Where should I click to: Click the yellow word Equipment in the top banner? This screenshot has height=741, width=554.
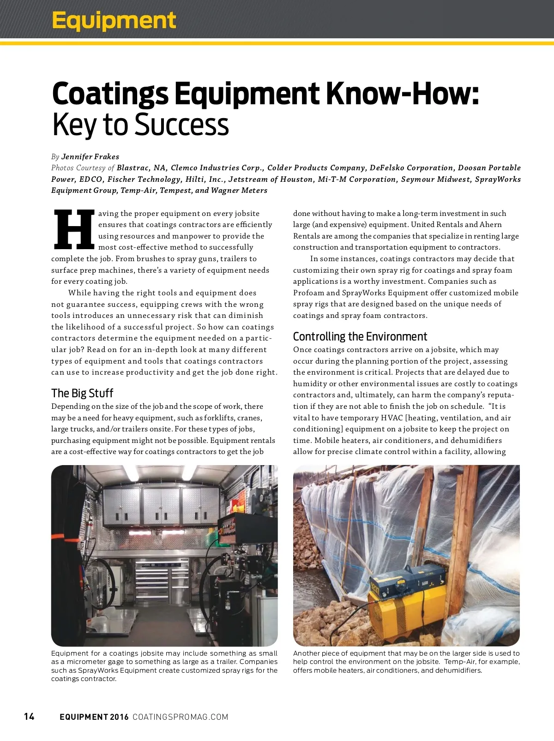pos(114,20)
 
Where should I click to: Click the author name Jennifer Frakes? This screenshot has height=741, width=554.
pos(90,156)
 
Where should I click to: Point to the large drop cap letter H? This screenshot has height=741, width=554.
pos(74,230)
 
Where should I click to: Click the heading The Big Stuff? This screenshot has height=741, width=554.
pos(82,393)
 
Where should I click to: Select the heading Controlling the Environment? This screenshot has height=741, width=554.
pos(360,336)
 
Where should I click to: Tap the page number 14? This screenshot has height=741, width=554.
pos(29,716)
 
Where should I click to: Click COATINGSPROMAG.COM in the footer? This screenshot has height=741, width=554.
pos(181,717)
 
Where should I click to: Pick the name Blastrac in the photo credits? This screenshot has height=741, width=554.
pos(133,168)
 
